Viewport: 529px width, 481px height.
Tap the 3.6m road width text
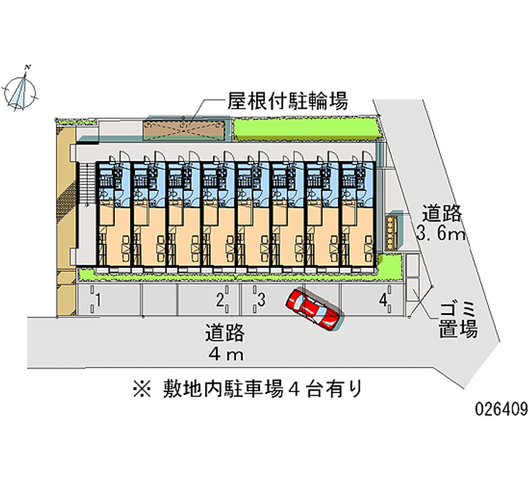pyautogui.click(x=442, y=234)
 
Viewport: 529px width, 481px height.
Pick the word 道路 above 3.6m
pyautogui.click(x=442, y=214)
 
